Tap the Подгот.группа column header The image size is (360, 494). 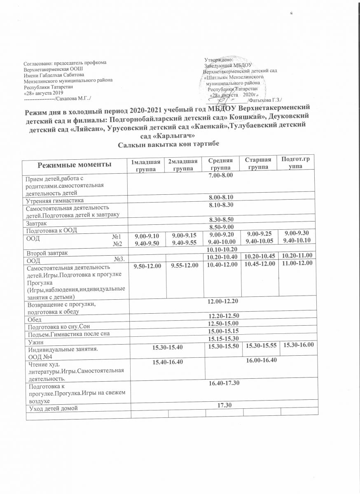[x=295, y=162]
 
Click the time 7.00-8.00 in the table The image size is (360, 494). [x=221, y=175]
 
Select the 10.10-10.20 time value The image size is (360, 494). [x=223, y=249]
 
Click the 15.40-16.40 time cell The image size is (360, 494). [x=167, y=361]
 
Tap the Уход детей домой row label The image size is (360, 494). [x=52, y=408]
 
